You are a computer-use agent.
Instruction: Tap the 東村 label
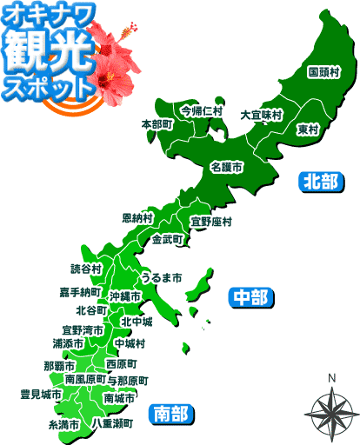click(x=308, y=130)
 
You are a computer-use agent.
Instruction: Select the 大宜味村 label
click(x=261, y=114)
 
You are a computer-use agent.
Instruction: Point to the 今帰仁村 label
click(x=202, y=111)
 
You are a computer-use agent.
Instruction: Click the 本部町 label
click(x=157, y=125)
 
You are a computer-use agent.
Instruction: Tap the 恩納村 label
click(x=137, y=217)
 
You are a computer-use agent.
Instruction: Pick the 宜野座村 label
click(x=211, y=222)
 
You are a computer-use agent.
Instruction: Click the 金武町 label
click(x=167, y=238)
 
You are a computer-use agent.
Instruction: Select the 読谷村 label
click(x=87, y=269)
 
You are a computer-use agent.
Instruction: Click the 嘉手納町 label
click(x=80, y=291)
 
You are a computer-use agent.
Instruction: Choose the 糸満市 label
click(x=63, y=425)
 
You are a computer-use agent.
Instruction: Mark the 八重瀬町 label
click(x=112, y=423)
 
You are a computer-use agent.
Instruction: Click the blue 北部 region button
click(x=319, y=181)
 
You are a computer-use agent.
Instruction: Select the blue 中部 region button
click(x=251, y=297)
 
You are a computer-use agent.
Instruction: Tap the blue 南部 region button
click(x=170, y=411)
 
